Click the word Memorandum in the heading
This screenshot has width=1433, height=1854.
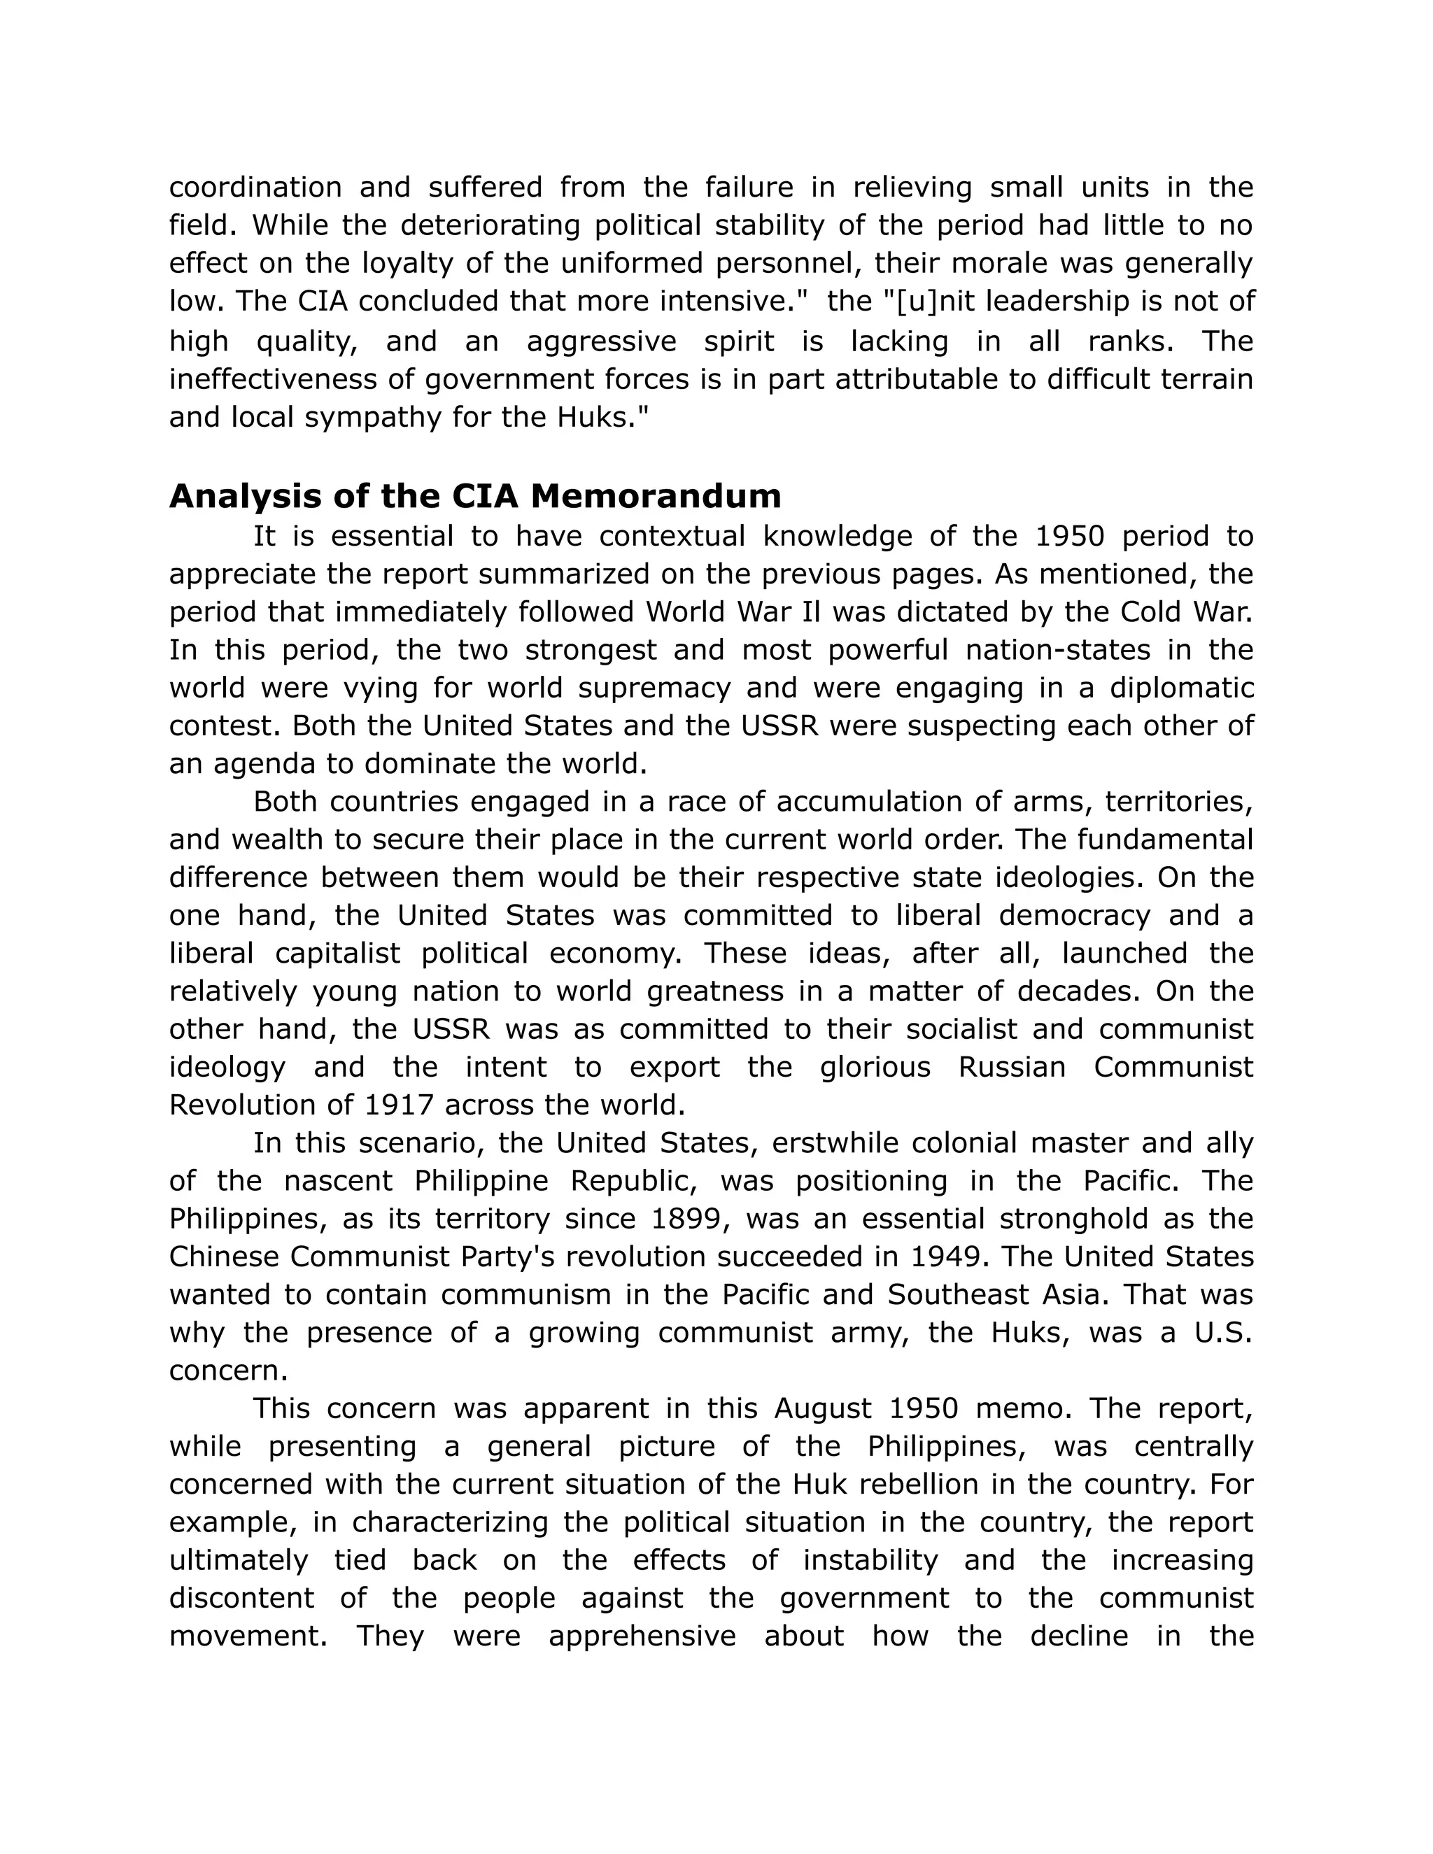tap(656, 497)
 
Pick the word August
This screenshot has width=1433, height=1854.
tap(821, 1408)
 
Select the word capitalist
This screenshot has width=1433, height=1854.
tap(337, 954)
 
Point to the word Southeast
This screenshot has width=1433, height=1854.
tap(947, 1294)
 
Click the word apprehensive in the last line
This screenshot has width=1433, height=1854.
tap(642, 1636)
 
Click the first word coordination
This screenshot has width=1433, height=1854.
tap(255, 187)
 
